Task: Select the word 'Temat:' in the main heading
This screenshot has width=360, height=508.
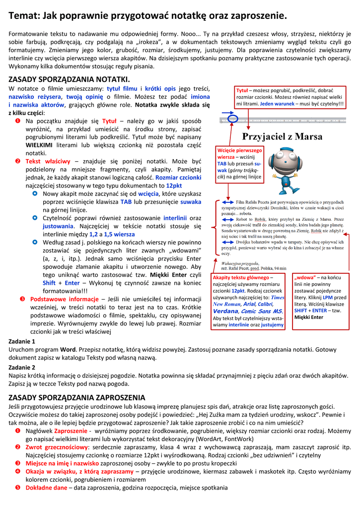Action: click(x=24, y=15)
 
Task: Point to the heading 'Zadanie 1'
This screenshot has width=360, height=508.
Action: click(x=22, y=341)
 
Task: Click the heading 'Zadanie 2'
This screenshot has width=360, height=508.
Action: click(x=22, y=368)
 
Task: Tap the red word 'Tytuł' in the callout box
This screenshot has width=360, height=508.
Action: click(x=242, y=90)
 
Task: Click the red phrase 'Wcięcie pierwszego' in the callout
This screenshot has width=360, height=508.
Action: click(x=240, y=150)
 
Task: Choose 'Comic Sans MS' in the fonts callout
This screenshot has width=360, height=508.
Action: click(x=263, y=311)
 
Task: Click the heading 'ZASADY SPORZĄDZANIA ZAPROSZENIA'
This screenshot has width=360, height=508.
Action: click(x=77, y=397)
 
